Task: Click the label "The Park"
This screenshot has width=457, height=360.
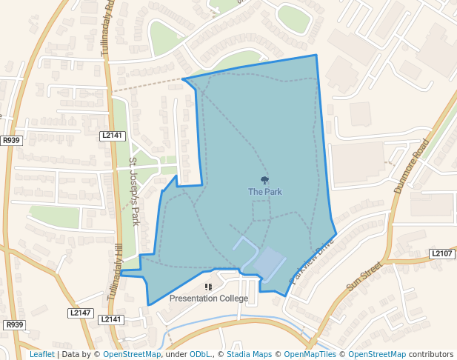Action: pyautogui.click(x=264, y=192)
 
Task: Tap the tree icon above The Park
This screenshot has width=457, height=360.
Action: pyautogui.click(x=264, y=180)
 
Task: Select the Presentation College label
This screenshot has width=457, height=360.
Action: pyautogui.click(x=208, y=299)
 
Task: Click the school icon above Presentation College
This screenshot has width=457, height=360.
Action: pyautogui.click(x=208, y=287)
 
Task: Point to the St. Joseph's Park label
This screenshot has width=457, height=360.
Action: pyautogui.click(x=134, y=191)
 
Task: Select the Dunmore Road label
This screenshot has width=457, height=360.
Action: pyautogui.click(x=411, y=166)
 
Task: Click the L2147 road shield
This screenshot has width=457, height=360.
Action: pyautogui.click(x=80, y=313)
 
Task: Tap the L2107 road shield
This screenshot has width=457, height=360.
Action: pyautogui.click(x=441, y=254)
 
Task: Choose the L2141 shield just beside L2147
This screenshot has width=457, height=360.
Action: pyautogui.click(x=110, y=319)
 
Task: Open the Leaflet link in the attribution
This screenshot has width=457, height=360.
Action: pyautogui.click(x=41, y=354)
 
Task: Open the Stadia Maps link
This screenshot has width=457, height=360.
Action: pyautogui.click(x=249, y=354)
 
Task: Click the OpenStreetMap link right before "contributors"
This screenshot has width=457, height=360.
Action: pyautogui.click(x=377, y=354)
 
